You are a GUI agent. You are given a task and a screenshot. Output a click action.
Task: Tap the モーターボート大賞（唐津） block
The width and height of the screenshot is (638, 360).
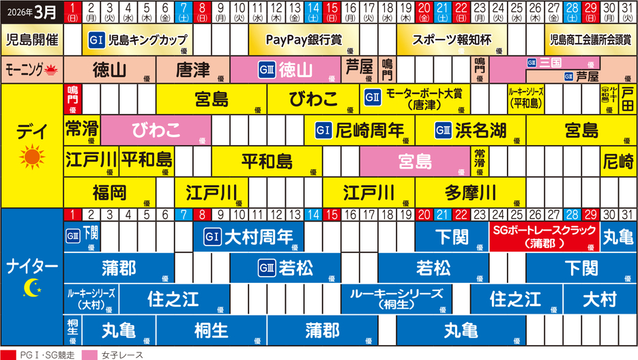(415, 100)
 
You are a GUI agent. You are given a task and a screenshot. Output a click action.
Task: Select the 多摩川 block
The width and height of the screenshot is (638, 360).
(470, 193)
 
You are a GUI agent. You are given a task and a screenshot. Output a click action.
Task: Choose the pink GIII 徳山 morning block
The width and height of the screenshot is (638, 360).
(285, 70)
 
